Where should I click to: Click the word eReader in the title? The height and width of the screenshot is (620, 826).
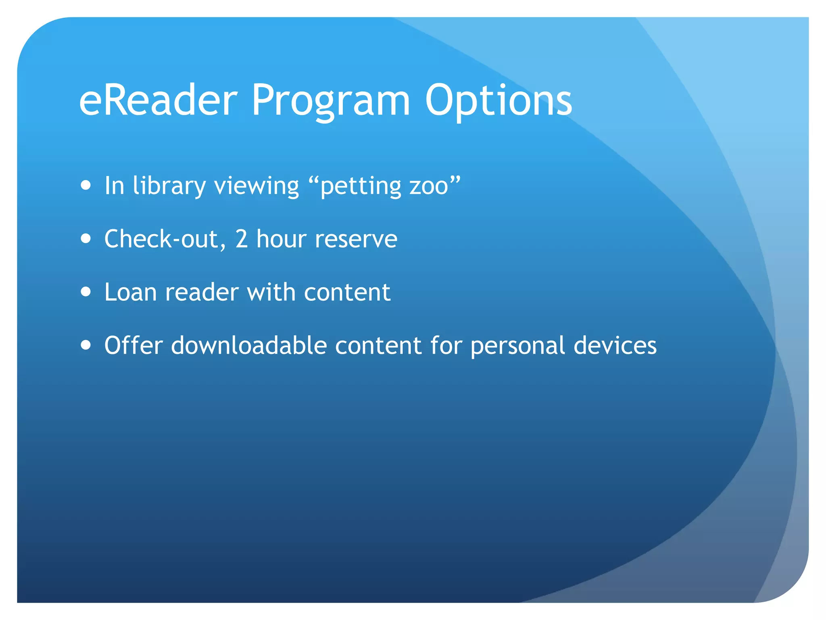tap(158, 100)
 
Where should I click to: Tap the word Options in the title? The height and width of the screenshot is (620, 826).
tap(499, 101)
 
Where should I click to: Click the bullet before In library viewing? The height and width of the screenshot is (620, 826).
tap(86, 185)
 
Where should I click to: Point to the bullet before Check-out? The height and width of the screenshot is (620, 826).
tap(86, 239)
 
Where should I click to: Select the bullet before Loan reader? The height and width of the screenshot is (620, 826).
tap(86, 291)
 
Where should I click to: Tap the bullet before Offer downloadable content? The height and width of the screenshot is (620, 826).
tap(86, 345)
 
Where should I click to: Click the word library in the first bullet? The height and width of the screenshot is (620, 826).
tap(169, 186)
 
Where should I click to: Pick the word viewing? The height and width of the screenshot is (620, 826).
tap(257, 186)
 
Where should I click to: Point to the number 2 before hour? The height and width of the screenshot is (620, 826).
tap(241, 239)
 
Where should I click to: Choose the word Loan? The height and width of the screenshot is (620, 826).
tap(130, 292)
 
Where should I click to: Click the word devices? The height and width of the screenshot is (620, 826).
tap(615, 346)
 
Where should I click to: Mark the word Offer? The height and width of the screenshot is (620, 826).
tap(133, 346)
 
